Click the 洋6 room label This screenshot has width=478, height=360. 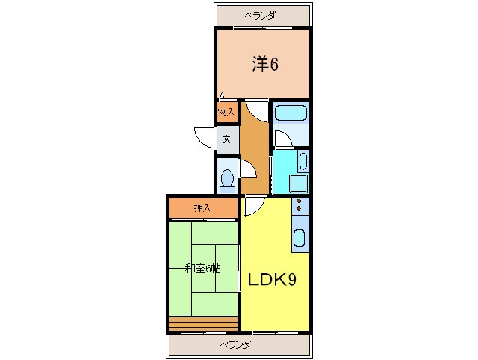pyautogui.click(x=265, y=64)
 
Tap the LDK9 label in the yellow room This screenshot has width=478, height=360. pyautogui.click(x=272, y=280)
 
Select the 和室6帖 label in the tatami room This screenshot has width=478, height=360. pyautogui.click(x=203, y=268)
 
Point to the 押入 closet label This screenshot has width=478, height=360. pyautogui.click(x=203, y=208)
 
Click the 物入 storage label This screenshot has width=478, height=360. pyautogui.click(x=226, y=112)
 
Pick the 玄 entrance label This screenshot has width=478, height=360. pyautogui.click(x=226, y=139)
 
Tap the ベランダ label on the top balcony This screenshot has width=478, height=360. pyautogui.click(x=260, y=15)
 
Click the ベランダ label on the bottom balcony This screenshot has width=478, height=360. pyautogui.click(x=236, y=345)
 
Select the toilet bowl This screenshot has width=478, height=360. pyautogui.click(x=227, y=181)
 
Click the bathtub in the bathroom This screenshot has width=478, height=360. pyautogui.click(x=291, y=113)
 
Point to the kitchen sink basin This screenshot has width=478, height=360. pyautogui.click(x=299, y=238)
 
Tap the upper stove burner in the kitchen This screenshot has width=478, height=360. pyautogui.click(x=299, y=201)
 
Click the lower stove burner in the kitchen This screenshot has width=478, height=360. pyautogui.click(x=299, y=208)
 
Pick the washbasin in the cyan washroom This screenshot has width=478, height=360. pyautogui.click(x=303, y=161)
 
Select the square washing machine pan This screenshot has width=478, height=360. pyautogui.click(x=298, y=184)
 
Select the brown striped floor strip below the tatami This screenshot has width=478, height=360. pyautogui.click(x=203, y=324)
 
